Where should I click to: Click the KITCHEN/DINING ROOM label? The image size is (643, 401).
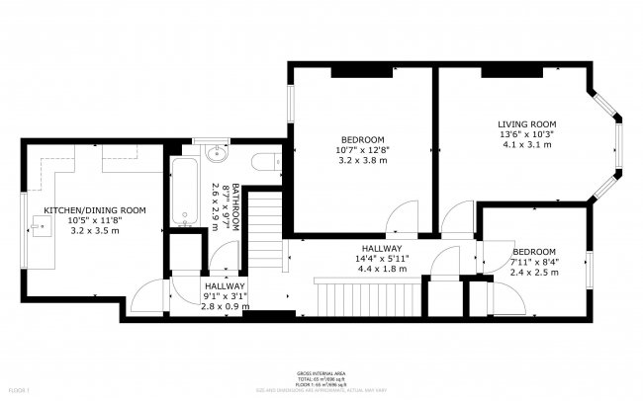click(x=94, y=210)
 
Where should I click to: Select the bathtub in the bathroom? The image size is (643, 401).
click(x=184, y=190)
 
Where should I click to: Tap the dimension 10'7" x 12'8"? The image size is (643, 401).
click(x=363, y=150)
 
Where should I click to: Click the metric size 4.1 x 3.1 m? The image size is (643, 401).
click(x=525, y=145)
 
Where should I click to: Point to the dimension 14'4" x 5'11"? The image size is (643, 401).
click(x=381, y=259)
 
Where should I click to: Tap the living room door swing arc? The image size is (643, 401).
click(x=458, y=217)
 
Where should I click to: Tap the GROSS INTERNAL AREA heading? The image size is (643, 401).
click(x=321, y=373)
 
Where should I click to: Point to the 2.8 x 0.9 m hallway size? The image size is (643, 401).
click(x=211, y=306)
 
